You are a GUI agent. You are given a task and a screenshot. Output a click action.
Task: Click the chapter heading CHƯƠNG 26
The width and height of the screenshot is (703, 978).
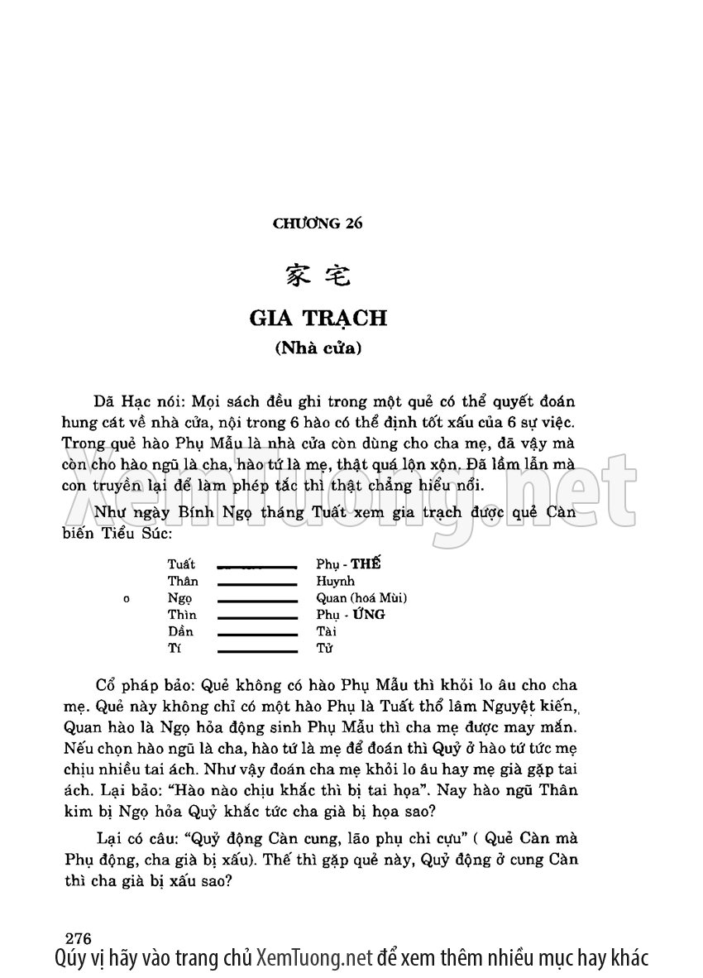tap(318, 223)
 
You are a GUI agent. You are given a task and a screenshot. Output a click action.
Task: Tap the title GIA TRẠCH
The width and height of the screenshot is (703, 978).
tap(318, 318)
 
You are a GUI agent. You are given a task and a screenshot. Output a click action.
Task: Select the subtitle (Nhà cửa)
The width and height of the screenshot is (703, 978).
tap(318, 348)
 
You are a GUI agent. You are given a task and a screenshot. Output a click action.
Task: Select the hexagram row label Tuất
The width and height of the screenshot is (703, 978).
tap(181, 564)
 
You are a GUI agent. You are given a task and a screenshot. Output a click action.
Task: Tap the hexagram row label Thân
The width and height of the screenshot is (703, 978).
tap(183, 581)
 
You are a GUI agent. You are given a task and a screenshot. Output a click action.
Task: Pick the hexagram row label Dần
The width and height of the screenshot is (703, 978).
tap(180, 631)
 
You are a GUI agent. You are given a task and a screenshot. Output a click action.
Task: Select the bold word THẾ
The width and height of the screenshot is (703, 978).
tap(367, 564)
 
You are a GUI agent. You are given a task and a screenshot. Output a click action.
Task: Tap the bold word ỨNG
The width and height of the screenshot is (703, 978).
tap(368, 615)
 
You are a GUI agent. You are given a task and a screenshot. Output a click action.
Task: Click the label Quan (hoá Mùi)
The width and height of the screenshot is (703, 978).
tap(361, 597)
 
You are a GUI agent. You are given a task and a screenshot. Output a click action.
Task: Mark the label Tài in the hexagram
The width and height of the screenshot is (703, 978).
tap(325, 631)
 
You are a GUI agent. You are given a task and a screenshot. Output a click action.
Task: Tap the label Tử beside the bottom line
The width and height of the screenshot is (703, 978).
tap(323, 648)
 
